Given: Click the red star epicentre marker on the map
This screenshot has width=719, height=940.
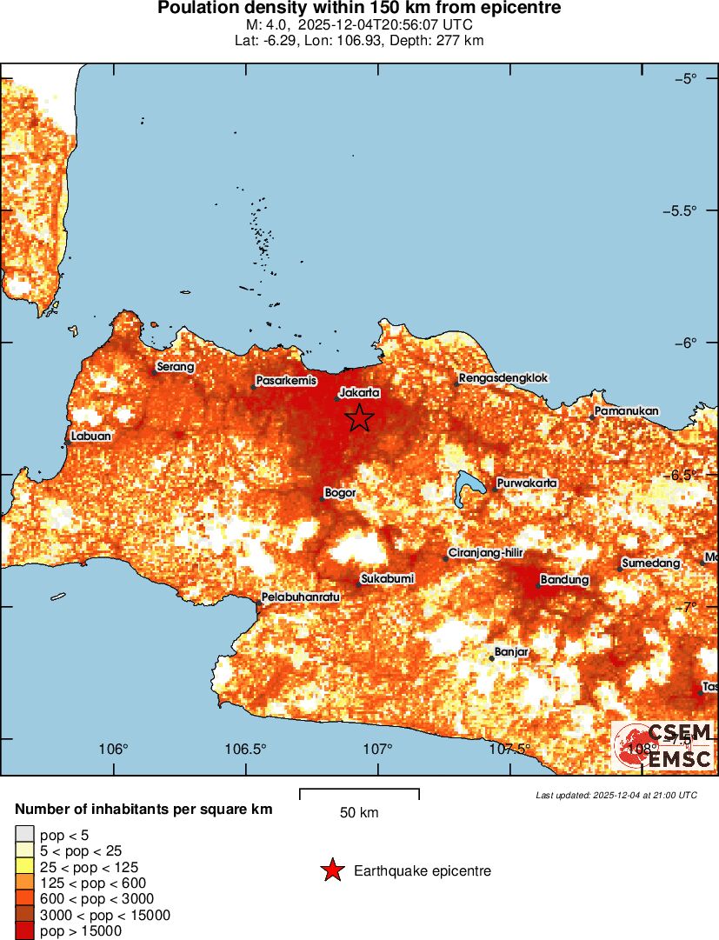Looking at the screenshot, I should click(359, 418).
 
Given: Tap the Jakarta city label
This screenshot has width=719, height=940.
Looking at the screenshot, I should click(360, 392).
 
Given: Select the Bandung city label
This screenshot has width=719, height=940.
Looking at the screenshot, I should click(564, 579).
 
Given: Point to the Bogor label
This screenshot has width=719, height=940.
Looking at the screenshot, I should click(340, 493).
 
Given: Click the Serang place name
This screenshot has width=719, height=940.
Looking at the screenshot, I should click(176, 367).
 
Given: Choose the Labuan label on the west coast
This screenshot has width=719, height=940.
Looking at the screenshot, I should click(91, 437).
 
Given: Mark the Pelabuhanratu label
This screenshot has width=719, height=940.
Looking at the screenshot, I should click(300, 597).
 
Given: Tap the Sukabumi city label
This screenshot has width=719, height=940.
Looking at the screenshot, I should click(388, 578).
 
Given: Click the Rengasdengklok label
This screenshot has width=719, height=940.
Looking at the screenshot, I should click(500, 378).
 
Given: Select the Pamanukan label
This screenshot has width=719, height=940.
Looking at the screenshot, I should click(627, 410).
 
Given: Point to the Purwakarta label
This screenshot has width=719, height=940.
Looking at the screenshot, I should click(527, 483).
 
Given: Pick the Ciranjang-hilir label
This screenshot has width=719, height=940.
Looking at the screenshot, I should click(484, 553).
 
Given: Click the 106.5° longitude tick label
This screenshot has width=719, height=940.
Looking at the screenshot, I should click(245, 750).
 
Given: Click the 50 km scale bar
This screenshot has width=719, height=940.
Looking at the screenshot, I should click(359, 793).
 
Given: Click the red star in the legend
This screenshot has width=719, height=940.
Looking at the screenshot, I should click(331, 870).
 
